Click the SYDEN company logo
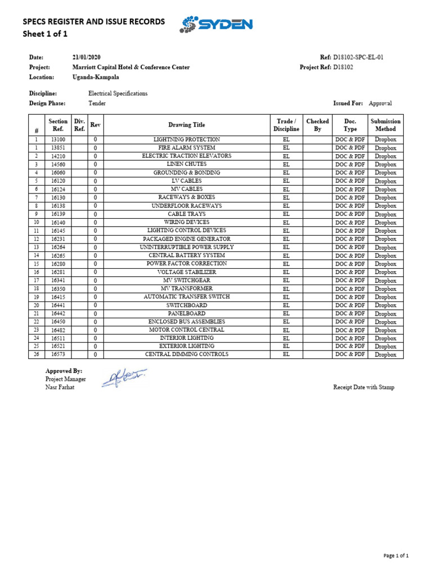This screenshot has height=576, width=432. point(217,24)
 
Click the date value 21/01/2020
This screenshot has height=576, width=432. point(87,57)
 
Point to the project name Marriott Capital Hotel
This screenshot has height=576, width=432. point(131,67)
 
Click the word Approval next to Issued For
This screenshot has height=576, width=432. point(380,103)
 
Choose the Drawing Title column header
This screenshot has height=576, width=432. point(187,125)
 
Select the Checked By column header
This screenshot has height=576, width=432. point(317,125)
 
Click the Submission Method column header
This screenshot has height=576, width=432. point(385,125)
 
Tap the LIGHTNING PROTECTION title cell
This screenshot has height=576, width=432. point(187,139)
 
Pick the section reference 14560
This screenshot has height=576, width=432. point(58,164)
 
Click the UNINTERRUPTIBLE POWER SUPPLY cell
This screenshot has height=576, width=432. point(187,247)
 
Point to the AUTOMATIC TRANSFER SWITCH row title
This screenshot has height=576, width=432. point(187,296)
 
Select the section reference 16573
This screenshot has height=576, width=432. point(58,354)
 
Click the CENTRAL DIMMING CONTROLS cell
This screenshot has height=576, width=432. point(187,354)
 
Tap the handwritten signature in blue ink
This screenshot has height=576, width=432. point(124,378)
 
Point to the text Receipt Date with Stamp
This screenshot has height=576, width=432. point(363,387)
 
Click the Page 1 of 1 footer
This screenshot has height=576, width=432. point(395,556)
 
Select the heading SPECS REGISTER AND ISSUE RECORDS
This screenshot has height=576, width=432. point(93,21)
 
